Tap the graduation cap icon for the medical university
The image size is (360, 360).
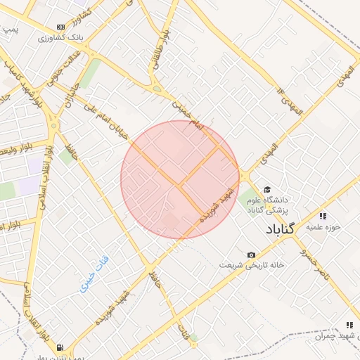pos(266,190)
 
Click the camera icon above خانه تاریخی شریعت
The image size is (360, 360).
pos(251,255)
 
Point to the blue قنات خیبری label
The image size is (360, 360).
pos(93,274)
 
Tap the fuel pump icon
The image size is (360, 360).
pos(61,347)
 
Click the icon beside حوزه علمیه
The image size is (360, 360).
pos(323,216)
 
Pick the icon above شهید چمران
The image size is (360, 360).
pos(349,325)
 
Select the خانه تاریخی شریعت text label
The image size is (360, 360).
pos(252,266)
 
